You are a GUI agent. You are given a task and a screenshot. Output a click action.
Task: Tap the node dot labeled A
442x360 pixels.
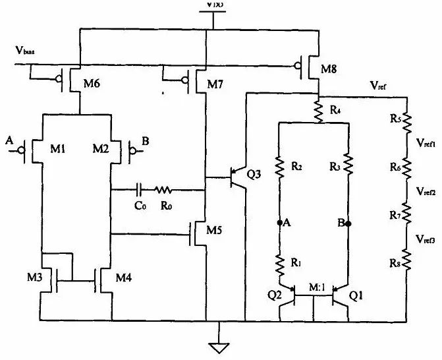click(279, 224)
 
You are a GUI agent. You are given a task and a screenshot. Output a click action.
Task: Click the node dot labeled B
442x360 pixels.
click(348, 224)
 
